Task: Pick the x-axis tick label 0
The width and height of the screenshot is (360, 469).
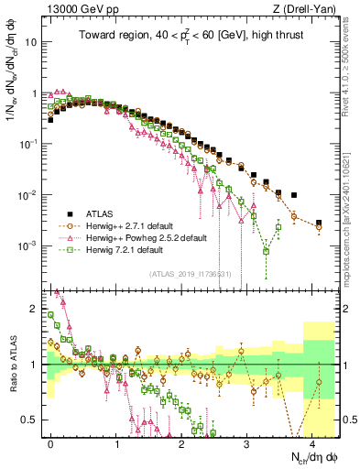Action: (x=51, y=442)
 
